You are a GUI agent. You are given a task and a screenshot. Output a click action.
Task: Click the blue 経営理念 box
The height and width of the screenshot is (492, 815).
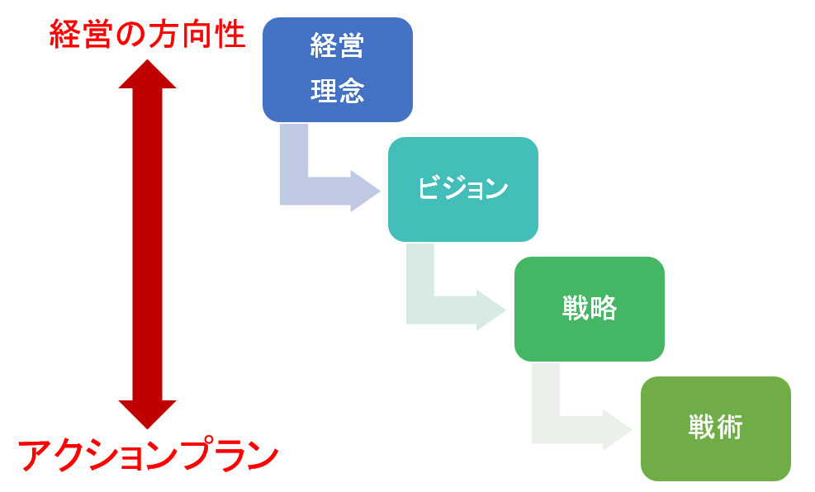pyautogui.click(x=337, y=69)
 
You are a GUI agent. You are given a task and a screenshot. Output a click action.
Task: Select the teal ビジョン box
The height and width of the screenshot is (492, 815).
pyautogui.click(x=462, y=189)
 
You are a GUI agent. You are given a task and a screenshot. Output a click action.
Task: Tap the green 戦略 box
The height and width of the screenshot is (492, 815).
pyautogui.click(x=589, y=309)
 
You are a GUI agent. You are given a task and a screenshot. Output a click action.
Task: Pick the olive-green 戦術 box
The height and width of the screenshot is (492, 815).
pyautogui.click(x=715, y=428)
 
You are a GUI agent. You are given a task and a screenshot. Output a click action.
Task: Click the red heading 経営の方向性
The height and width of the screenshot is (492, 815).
pyautogui.click(x=147, y=34)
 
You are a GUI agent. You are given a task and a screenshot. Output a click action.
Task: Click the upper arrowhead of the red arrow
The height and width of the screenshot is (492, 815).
pyautogui.click(x=147, y=74)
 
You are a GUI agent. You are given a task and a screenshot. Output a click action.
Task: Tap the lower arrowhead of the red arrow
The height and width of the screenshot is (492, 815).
pyautogui.click(x=147, y=414)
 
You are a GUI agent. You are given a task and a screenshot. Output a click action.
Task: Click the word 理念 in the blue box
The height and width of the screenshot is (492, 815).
pyautogui.click(x=337, y=90)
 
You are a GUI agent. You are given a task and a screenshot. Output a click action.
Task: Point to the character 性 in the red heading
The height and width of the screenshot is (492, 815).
pyautogui.click(x=228, y=34)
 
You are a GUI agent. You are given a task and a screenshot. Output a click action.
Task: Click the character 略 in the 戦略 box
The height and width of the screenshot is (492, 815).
pyautogui.click(x=603, y=309)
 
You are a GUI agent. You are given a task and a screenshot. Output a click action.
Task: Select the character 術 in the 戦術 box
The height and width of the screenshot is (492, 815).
pyautogui.click(x=729, y=428)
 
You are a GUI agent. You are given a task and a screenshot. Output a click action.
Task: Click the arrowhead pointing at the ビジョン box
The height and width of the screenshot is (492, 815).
pyautogui.click(x=365, y=191)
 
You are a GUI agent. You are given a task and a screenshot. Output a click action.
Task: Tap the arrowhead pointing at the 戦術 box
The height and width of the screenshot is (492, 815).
pyautogui.click(x=617, y=430)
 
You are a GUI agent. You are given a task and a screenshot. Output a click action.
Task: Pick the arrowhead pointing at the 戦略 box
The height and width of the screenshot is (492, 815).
pyautogui.click(x=490, y=310)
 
